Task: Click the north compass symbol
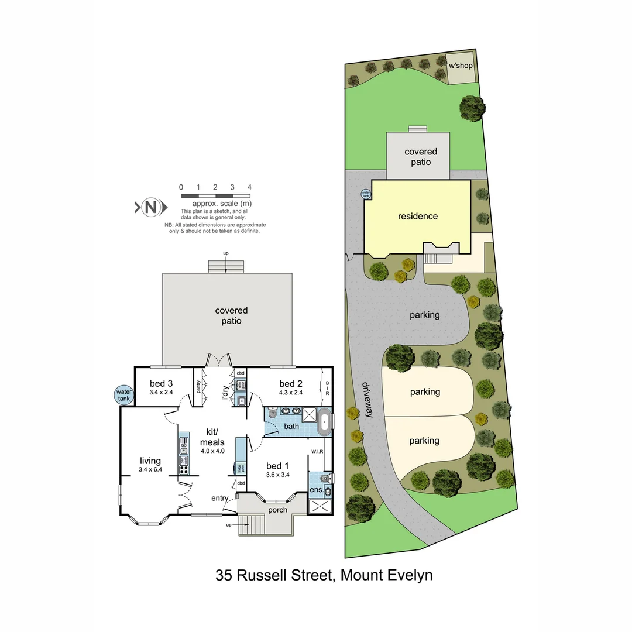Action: pyautogui.click(x=151, y=207)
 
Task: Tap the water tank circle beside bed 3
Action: pyautogui.click(x=124, y=396)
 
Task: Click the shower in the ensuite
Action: pyautogui.click(x=319, y=507)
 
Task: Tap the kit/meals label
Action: pyautogui.click(x=208, y=436)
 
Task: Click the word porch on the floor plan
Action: pyautogui.click(x=277, y=510)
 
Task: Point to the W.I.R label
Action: pyautogui.click(x=318, y=451)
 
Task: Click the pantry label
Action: pyautogui.click(x=199, y=387)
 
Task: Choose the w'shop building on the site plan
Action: pyautogui.click(x=461, y=66)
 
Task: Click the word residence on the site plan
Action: pyautogui.click(x=418, y=216)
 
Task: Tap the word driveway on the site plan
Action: pyautogui.click(x=367, y=400)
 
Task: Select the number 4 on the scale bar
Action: pyautogui.click(x=249, y=187)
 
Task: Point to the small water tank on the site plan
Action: pyautogui.click(x=366, y=193)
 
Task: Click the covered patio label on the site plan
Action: pyautogui.click(x=420, y=157)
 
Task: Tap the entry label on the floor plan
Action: pyautogui.click(x=220, y=498)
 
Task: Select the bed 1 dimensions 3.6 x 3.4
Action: pyautogui.click(x=277, y=475)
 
